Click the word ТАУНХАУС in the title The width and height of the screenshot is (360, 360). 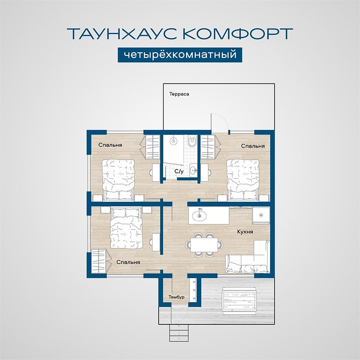click(x=123, y=33)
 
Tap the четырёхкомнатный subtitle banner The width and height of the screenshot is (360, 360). click(x=180, y=55)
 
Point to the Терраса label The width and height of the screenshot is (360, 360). click(x=179, y=94)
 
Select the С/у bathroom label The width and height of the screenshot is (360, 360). click(x=179, y=171)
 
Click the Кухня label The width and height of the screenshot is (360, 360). click(x=245, y=232)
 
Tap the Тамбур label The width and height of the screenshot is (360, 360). click(x=176, y=297)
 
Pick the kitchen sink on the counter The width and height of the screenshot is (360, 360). click(x=199, y=216)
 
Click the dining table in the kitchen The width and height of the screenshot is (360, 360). click(x=204, y=245)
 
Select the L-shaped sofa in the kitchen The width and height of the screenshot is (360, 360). click(x=247, y=257)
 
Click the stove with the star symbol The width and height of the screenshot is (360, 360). click(x=261, y=215)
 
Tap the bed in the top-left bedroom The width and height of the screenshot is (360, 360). click(x=118, y=180)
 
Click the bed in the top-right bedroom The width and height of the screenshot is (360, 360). click(x=243, y=180)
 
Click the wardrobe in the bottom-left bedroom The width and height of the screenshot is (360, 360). click(x=99, y=261)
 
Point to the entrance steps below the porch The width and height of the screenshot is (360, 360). click(x=179, y=333)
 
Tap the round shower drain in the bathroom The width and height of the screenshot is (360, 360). click(x=173, y=140)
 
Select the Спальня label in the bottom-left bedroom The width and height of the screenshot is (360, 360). click(x=128, y=262)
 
